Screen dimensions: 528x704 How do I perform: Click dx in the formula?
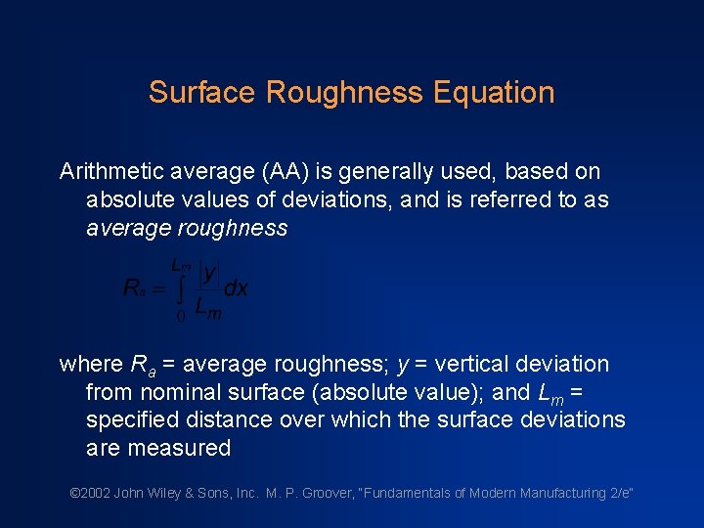point(237,287)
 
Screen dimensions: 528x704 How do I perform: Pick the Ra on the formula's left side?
point(136,288)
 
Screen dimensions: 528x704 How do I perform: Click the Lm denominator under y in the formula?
point(207,309)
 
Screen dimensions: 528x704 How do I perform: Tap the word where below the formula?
point(92,365)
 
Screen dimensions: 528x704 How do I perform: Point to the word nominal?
point(175,393)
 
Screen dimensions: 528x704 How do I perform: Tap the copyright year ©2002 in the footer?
point(90,494)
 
